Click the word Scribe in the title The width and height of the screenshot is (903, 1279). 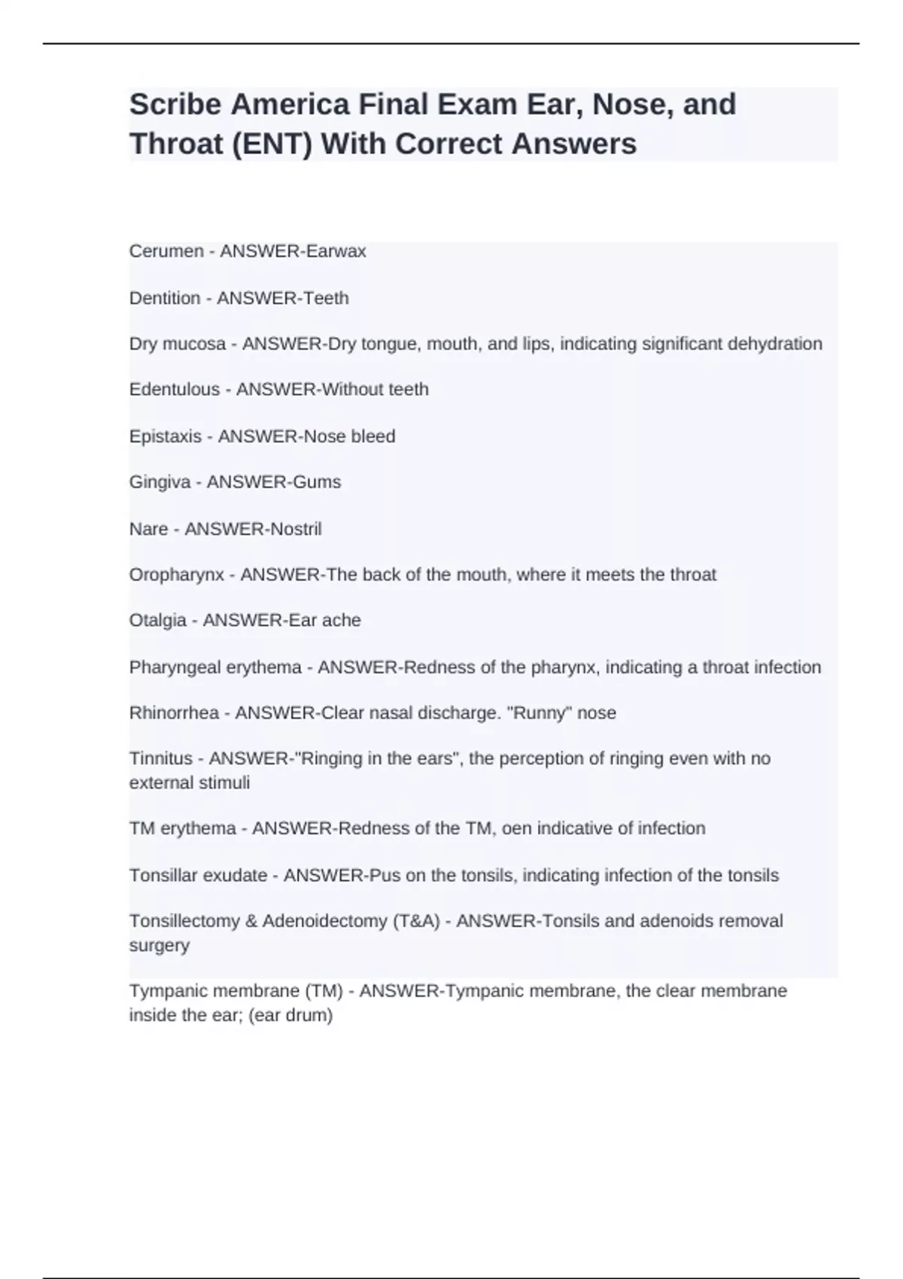click(x=175, y=105)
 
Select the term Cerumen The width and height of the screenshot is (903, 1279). click(x=166, y=251)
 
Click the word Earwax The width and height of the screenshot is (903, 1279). click(x=336, y=251)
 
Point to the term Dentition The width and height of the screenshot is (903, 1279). click(x=165, y=298)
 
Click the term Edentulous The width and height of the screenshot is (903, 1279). click(x=175, y=390)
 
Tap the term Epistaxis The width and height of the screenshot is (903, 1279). click(x=166, y=436)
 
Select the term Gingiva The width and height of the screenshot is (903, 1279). click(x=160, y=482)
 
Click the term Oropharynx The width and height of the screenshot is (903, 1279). click(x=177, y=575)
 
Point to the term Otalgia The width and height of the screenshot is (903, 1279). click(x=158, y=621)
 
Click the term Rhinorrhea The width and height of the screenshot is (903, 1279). click(x=174, y=712)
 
